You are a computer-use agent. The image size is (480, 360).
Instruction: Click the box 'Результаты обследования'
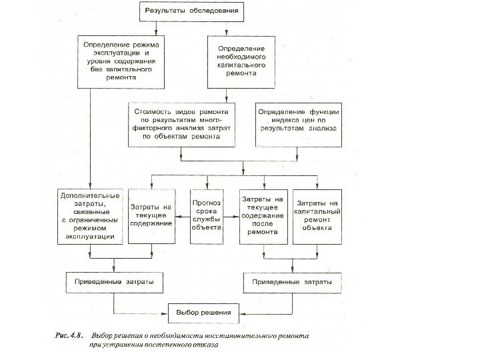(190, 11)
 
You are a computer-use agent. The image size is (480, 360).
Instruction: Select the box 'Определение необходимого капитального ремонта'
(241, 61)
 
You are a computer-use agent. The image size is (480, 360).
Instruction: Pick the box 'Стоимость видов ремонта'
(183, 123)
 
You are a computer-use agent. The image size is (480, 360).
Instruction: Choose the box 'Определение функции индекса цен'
(297, 123)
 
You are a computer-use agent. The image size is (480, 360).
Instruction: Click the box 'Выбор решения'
(203, 311)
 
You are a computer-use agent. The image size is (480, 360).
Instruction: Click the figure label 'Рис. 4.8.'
(68, 337)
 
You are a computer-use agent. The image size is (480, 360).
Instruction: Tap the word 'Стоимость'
(153, 113)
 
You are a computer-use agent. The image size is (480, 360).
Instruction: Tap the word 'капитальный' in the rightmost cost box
(317, 211)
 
